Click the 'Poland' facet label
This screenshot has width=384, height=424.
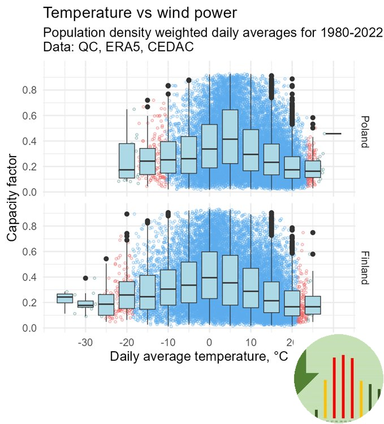tap(364, 131)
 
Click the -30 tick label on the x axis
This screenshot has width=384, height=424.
tap(85, 343)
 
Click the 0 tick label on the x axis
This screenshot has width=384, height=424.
tap(209, 343)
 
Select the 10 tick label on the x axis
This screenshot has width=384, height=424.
tap(251, 343)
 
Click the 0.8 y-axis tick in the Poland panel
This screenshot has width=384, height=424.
tap(31, 90)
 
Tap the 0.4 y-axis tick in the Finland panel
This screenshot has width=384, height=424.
tap(31, 277)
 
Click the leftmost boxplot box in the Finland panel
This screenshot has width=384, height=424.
tap(64, 298)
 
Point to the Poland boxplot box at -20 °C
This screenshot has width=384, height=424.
tap(127, 161)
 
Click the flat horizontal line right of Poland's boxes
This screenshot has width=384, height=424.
tap(334, 133)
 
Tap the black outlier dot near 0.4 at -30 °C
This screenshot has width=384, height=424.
tap(85, 278)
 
